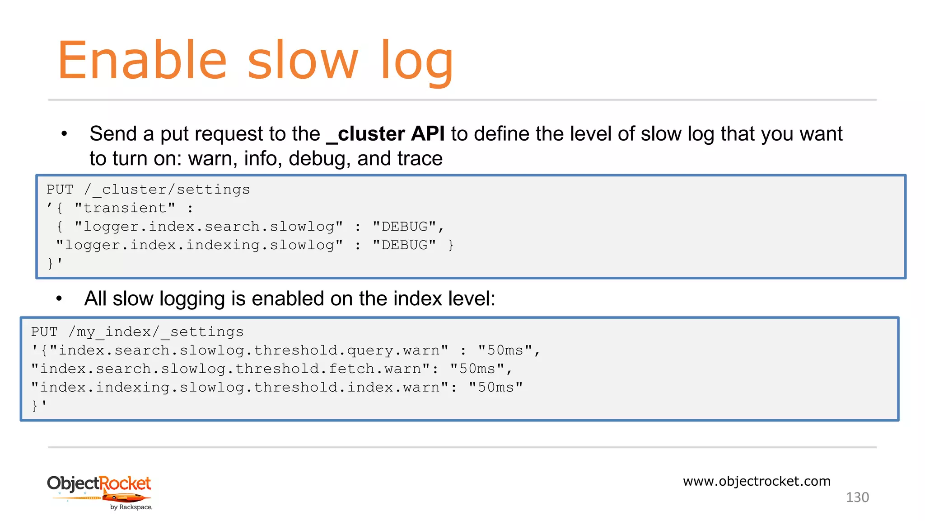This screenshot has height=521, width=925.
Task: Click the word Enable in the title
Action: click(142, 61)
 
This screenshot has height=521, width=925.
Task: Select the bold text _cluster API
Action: click(385, 134)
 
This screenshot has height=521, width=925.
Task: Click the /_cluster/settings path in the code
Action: click(167, 189)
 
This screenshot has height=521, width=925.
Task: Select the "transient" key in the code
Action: click(125, 208)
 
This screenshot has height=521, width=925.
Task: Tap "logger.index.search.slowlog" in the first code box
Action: click(208, 227)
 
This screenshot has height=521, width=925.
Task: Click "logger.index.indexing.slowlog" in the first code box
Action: click(199, 245)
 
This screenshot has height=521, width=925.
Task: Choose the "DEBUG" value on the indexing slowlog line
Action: click(405, 245)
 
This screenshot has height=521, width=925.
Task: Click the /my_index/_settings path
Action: click(156, 332)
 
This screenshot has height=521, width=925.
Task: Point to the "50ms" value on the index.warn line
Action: click(496, 388)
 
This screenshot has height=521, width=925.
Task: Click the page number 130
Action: click(857, 497)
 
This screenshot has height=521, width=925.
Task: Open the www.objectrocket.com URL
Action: click(757, 481)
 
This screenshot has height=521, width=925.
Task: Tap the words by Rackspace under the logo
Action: click(131, 507)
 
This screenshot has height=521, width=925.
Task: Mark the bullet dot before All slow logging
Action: click(59, 298)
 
